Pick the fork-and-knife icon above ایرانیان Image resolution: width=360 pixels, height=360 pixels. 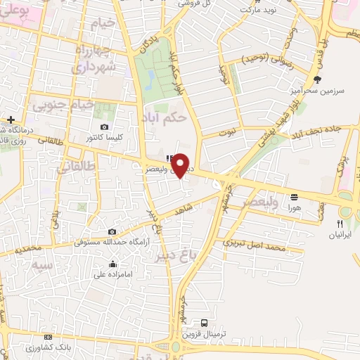tap(339, 223)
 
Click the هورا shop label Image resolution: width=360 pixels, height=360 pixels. tap(294, 209)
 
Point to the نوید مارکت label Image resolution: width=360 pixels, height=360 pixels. tap(254, 11)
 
